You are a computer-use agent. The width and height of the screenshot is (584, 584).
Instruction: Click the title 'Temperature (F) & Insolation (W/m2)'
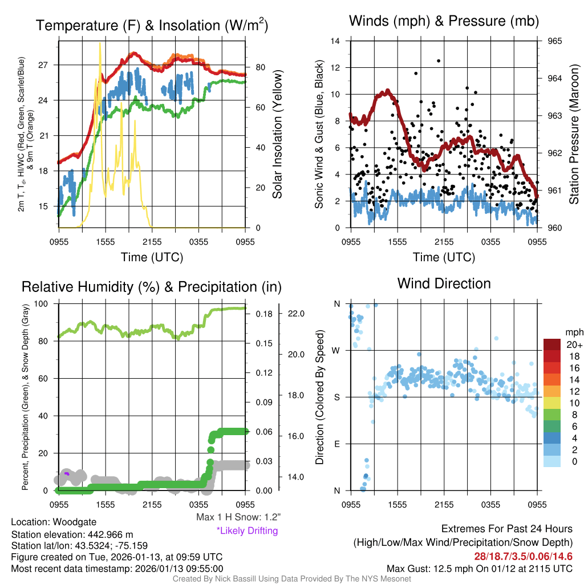point(152,25)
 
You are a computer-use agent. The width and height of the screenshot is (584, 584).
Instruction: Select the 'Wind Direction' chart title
point(444,283)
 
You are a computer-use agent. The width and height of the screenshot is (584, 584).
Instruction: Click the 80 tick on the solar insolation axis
point(259,67)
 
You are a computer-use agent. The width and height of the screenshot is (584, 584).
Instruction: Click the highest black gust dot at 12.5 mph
point(439,60)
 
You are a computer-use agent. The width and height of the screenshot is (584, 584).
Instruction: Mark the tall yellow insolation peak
point(100,43)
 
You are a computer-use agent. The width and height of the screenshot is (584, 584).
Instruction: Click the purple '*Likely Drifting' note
point(247,530)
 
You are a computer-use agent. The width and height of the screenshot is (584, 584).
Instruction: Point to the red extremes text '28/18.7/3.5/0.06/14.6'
point(523,557)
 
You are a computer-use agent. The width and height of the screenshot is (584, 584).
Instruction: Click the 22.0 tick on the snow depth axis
point(298,314)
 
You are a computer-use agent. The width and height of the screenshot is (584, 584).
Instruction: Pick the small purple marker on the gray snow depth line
point(67,473)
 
